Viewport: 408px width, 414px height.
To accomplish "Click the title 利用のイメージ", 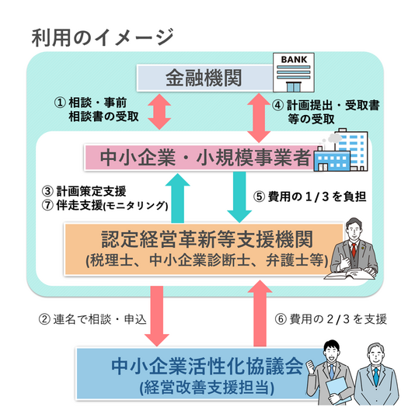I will pyautogui.click(x=102, y=37).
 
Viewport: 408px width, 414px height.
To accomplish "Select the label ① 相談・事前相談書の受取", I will pyautogui.click(x=95, y=111).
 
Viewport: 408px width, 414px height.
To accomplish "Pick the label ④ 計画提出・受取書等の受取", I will pyautogui.click(x=326, y=111).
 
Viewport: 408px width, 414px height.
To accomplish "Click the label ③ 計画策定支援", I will pyautogui.click(x=87, y=191).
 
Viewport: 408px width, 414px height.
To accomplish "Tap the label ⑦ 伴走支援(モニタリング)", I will pyautogui.click(x=103, y=205).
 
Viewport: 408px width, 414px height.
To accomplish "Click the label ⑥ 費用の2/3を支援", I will pyautogui.click(x=331, y=318).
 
